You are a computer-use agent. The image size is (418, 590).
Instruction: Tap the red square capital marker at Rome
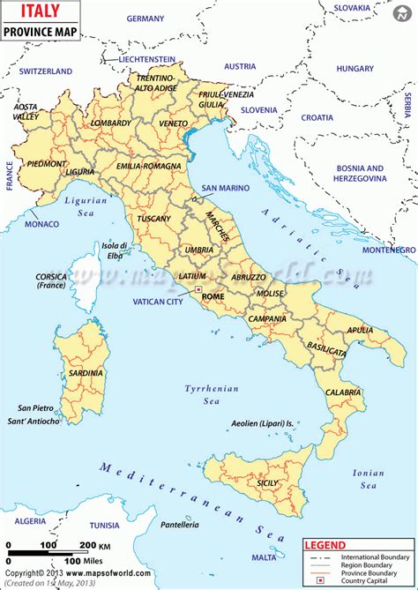coord(199,289)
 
